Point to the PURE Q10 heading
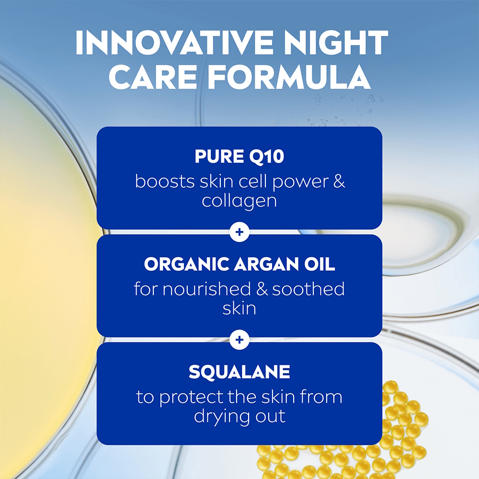[239, 157]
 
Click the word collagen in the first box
[239, 201]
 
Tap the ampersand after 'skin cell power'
[339, 182]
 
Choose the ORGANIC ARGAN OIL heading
[239, 265]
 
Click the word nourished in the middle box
[211, 289]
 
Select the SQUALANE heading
[239, 372]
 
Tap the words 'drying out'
[239, 416]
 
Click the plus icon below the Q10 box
[239, 232]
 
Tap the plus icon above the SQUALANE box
[239, 340]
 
